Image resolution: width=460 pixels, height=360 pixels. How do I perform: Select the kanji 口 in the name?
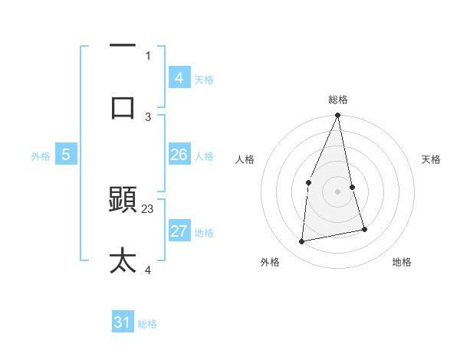click(x=123, y=106)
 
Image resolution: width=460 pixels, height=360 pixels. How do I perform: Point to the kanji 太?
click(x=123, y=260)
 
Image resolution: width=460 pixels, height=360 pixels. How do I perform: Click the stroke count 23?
click(x=148, y=208)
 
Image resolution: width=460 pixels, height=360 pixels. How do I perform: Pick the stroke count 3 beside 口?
click(x=148, y=116)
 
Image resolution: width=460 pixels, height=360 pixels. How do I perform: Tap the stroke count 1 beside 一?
click(x=148, y=55)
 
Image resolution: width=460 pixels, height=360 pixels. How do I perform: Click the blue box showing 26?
click(x=179, y=155)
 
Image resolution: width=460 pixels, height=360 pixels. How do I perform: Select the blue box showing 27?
click(x=179, y=232)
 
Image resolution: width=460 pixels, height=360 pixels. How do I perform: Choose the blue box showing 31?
click(x=123, y=323)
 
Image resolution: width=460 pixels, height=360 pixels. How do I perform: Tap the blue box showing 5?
click(x=66, y=155)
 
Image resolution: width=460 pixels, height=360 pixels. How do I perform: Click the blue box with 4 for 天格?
click(x=179, y=78)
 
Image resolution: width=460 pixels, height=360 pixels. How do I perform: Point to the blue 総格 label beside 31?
click(x=147, y=324)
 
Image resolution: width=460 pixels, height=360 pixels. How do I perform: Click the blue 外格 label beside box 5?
click(x=41, y=155)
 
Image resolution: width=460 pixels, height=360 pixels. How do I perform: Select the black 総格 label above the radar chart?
click(x=337, y=100)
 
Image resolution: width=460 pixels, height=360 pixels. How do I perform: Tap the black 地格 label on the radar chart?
click(x=402, y=263)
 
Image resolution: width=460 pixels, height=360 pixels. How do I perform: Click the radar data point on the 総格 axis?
click(x=337, y=116)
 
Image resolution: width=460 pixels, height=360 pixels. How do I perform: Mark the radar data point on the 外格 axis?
click(x=302, y=241)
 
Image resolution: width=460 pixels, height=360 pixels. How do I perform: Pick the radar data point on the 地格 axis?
click(x=364, y=229)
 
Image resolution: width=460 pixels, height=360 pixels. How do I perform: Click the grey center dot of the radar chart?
click(x=337, y=191)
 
